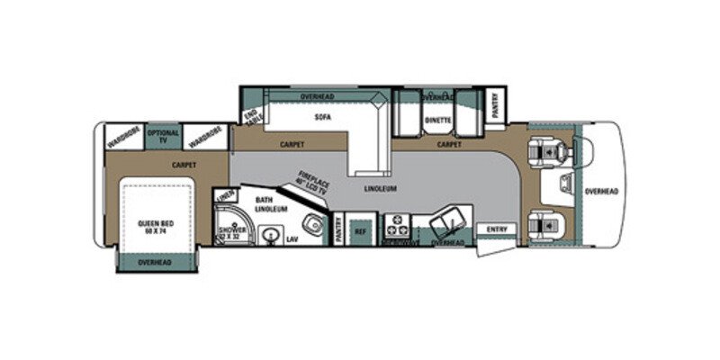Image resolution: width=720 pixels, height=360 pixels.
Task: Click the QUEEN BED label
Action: [155, 226]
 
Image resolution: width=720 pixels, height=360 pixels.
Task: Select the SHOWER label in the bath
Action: [226, 233]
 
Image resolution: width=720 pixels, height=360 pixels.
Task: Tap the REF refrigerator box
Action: [361, 230]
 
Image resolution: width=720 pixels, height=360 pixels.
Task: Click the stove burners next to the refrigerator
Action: [396, 225]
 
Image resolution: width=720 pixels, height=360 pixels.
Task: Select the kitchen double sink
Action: [446, 220]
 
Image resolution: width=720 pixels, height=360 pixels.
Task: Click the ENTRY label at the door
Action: [496, 230]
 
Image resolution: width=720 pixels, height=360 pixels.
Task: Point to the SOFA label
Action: [318, 117]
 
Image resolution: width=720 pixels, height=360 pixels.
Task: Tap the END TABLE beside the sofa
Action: [251, 116]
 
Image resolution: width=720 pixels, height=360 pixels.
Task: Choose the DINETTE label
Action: [438, 117]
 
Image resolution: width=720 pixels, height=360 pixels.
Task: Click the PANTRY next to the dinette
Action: [495, 107]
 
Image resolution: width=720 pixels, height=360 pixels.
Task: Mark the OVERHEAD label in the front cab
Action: [601, 192]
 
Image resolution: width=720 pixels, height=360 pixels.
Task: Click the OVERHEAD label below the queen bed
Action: [155, 262]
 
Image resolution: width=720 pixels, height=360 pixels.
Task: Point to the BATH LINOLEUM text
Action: [269, 205]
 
